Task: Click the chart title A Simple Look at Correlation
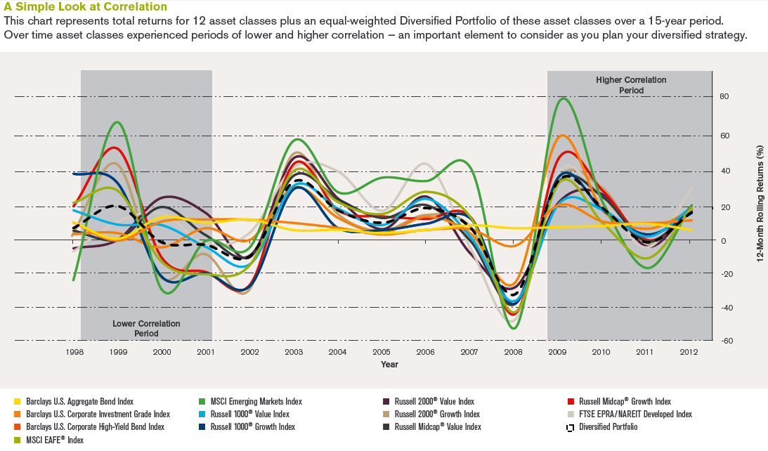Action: tap(86, 7)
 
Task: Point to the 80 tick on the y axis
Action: tap(723, 97)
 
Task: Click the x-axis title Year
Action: tap(389, 365)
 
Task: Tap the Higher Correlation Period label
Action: tap(631, 85)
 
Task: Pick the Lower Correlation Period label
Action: tap(146, 328)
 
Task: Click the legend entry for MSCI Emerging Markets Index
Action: tap(256, 402)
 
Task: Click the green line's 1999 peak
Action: tap(117, 122)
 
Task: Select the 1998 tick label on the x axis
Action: tap(74, 352)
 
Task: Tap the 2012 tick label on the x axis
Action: tap(689, 352)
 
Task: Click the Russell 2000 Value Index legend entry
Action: tap(434, 402)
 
